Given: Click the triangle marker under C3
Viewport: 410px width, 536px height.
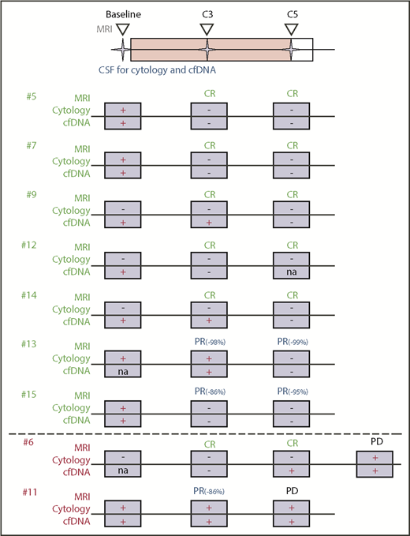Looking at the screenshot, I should coord(206,28).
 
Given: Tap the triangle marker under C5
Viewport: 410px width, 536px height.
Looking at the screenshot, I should coord(291,28).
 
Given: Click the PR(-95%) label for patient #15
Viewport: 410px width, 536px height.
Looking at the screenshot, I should coord(293,391).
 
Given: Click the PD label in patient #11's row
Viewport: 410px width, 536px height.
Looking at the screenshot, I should coord(292,490).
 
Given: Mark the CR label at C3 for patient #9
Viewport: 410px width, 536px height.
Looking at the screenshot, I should coord(209,195).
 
